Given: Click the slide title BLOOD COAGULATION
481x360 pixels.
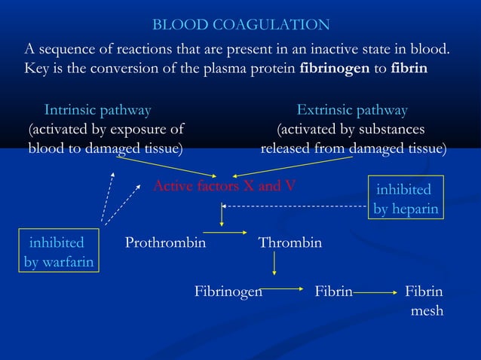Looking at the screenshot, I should (240, 26).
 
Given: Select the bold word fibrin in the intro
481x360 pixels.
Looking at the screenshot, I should (409, 69).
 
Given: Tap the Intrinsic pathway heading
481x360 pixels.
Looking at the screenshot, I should (97, 111).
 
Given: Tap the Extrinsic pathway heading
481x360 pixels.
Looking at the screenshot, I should (352, 111).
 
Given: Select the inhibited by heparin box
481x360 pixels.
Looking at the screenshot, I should (406, 199).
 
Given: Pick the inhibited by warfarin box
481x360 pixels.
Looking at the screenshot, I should (60, 252).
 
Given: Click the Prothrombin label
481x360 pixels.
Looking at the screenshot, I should (165, 243).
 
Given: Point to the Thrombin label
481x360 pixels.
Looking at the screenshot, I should (290, 243).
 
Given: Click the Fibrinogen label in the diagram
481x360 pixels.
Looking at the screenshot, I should (228, 291).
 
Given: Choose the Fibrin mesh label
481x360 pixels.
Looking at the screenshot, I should (424, 301).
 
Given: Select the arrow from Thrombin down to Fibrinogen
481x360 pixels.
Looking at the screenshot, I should (274, 264).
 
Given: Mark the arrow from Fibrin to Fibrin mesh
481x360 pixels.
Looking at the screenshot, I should (377, 291).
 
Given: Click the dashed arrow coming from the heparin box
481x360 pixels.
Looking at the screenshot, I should (294, 206).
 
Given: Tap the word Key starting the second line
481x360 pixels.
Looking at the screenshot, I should (37, 69).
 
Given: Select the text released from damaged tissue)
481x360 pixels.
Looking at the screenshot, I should (353, 148).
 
